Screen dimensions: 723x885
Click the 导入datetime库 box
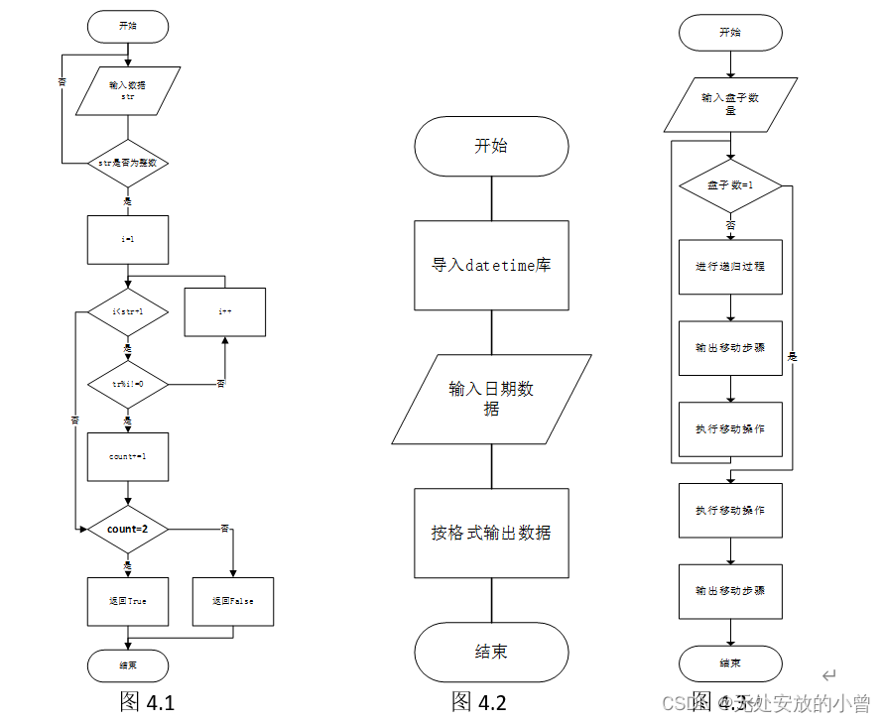point(491,266)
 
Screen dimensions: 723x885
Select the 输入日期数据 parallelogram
point(491,399)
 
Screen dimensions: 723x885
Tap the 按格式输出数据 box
point(491,533)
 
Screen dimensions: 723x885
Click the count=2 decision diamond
point(128,530)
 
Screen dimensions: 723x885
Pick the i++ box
point(225,311)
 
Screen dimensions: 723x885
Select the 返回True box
point(128,601)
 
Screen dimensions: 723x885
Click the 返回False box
point(232,601)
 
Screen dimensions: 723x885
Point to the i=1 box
point(128,239)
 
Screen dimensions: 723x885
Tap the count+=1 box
point(128,457)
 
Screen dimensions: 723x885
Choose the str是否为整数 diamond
point(128,163)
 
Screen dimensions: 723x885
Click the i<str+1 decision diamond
point(128,311)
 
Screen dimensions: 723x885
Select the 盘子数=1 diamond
point(730,186)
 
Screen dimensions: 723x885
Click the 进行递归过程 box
point(730,267)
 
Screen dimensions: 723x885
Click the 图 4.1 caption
point(147,702)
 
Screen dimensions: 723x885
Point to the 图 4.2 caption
point(479,702)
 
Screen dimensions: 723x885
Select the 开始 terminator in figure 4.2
point(491,147)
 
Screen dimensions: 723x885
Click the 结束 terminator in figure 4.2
point(491,653)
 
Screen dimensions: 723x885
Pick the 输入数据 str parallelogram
point(128,91)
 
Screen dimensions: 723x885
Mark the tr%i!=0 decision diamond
point(128,384)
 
